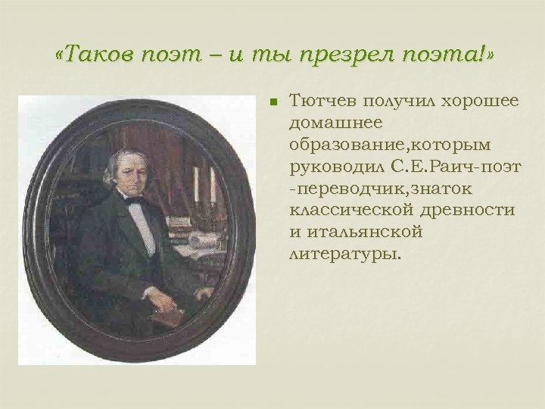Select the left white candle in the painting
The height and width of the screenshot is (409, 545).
197,182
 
